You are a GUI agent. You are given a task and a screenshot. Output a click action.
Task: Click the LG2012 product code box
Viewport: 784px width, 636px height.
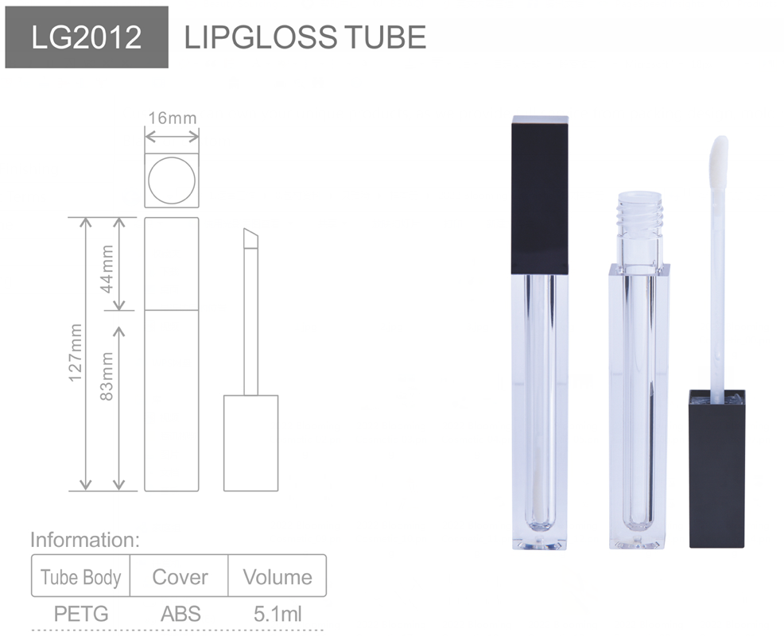click(86, 37)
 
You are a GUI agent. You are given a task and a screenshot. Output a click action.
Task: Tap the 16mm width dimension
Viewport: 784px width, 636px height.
click(172, 118)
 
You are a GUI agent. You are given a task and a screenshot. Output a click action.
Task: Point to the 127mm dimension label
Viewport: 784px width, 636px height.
click(75, 352)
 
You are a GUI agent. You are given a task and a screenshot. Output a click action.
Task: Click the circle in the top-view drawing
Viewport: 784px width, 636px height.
click(172, 179)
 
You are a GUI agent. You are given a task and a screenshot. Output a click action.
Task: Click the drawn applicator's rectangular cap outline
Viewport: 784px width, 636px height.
click(250, 442)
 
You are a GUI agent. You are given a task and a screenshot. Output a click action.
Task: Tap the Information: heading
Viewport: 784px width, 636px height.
click(85, 541)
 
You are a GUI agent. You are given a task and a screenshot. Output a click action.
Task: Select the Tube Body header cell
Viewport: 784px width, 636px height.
click(80, 577)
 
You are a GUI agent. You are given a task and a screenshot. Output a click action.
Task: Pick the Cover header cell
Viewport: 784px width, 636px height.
click(180, 577)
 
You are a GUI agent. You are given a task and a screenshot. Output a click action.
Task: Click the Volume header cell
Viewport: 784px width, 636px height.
click(278, 577)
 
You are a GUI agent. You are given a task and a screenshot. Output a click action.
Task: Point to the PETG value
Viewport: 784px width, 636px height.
click(80, 614)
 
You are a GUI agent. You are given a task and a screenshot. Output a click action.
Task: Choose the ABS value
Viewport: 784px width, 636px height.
click(180, 614)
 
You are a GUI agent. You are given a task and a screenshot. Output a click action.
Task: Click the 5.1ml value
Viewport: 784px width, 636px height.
click(278, 614)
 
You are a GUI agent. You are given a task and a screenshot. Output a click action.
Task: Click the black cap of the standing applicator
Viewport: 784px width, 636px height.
click(716, 469)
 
